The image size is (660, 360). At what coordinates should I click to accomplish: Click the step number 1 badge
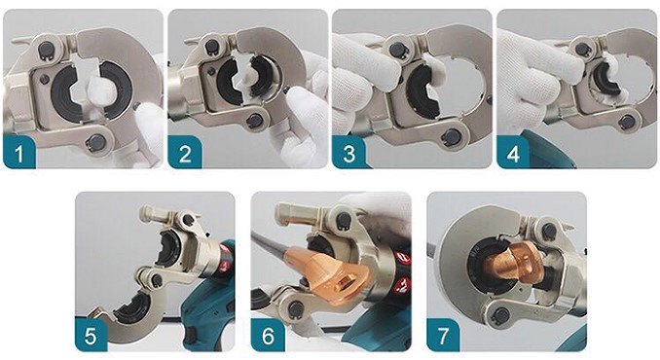(x=19, y=152)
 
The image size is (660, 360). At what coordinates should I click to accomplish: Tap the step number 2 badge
(x=184, y=152)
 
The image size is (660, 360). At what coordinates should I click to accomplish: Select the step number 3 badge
(x=348, y=152)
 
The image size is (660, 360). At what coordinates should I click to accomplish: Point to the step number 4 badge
(x=514, y=152)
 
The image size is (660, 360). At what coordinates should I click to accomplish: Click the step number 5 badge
(x=91, y=335)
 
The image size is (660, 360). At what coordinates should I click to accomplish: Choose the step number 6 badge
(x=268, y=335)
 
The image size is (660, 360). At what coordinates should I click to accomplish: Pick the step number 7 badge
(x=443, y=335)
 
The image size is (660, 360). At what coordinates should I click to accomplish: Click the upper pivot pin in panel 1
(x=46, y=49)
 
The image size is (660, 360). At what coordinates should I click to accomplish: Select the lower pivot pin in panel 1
(x=96, y=142)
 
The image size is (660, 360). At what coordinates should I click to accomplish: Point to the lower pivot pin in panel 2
(x=255, y=121)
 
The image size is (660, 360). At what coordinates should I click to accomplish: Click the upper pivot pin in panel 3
(x=398, y=50)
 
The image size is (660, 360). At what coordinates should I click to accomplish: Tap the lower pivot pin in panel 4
(x=626, y=122)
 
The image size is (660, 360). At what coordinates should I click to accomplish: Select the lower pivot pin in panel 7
(x=501, y=314)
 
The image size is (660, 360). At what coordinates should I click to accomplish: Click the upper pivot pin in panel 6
(x=345, y=220)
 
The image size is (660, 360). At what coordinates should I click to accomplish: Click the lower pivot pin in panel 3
(x=453, y=135)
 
